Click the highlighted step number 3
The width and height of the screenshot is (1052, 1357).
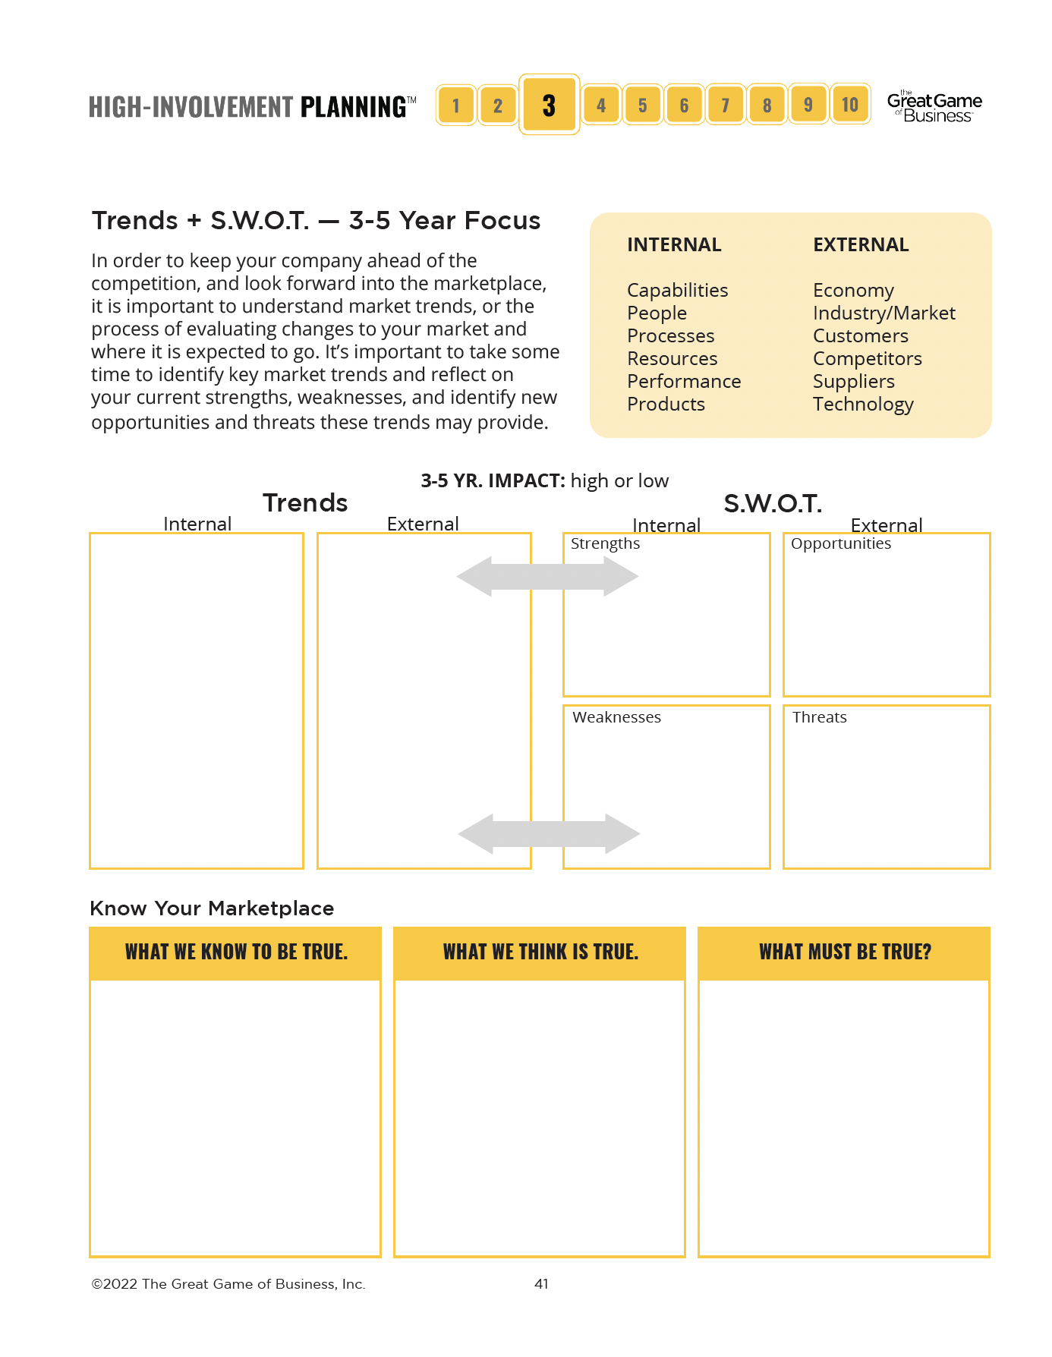(x=549, y=105)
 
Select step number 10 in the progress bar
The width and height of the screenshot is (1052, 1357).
(x=849, y=105)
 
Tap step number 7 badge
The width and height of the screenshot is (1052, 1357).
(x=725, y=105)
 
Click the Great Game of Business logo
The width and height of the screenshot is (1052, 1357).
(x=934, y=107)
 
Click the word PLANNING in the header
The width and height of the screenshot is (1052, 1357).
(x=353, y=107)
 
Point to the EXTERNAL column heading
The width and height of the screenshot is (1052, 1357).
(x=861, y=244)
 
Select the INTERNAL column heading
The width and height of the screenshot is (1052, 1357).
(x=674, y=244)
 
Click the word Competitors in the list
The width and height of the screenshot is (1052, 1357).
(x=867, y=358)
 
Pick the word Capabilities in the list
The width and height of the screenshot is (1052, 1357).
(x=677, y=290)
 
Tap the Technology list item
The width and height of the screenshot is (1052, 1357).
(x=863, y=404)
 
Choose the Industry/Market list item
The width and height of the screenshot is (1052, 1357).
(x=883, y=313)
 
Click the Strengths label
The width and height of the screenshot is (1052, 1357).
(x=605, y=543)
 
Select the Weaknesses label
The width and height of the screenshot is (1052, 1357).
(x=616, y=717)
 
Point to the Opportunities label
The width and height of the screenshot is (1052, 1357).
(x=840, y=543)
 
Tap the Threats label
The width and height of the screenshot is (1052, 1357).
(x=819, y=717)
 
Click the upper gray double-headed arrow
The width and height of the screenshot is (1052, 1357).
(x=547, y=576)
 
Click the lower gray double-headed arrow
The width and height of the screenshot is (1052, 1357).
(x=549, y=834)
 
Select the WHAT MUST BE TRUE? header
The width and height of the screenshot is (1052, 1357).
(x=844, y=952)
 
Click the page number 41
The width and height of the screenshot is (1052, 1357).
(x=541, y=1283)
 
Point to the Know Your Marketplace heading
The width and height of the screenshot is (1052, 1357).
(x=212, y=908)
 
